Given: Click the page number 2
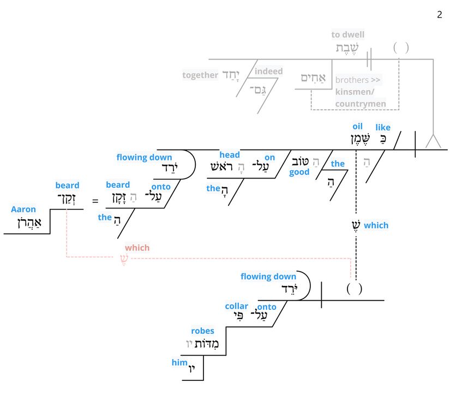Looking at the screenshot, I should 440,15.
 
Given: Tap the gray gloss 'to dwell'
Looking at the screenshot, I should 348,35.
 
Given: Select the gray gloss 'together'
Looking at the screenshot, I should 200,75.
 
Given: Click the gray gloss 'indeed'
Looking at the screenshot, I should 269,71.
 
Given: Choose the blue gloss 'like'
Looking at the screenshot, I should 383,128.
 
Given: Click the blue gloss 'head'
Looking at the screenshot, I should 230,155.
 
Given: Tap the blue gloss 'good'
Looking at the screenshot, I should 299,172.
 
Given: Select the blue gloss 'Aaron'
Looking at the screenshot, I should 23,209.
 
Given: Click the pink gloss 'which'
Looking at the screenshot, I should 137,248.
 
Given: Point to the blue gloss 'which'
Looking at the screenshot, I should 376,225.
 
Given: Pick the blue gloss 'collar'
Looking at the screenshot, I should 236,306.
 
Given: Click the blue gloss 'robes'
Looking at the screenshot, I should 202,331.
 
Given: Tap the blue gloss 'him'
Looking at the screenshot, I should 179,363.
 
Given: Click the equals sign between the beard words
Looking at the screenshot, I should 95,201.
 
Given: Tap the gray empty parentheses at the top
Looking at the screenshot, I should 401,48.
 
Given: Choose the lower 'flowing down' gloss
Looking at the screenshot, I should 268,277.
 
